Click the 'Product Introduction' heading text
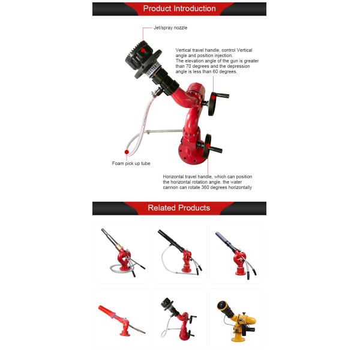(179, 8)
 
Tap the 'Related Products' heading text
(179, 208)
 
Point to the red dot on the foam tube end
(127, 152)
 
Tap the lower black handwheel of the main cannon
(209, 146)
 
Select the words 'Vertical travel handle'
(196, 50)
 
